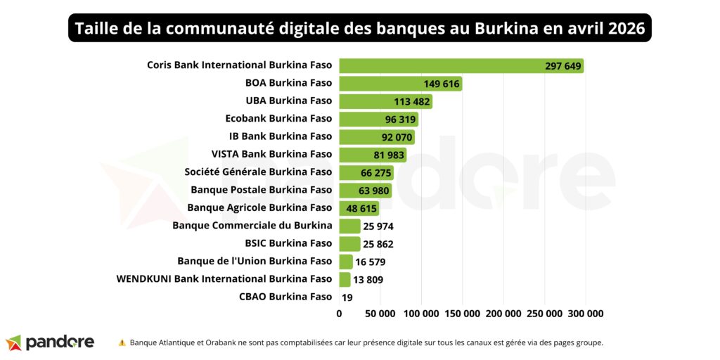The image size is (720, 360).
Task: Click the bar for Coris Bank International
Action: pyautogui.click(x=461, y=66)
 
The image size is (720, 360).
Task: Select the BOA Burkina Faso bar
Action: pyautogui.click(x=400, y=84)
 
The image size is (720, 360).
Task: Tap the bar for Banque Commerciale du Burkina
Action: pyautogui.click(x=349, y=226)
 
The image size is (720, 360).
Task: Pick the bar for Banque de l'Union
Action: pyautogui.click(x=345, y=262)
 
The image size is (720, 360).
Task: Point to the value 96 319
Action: pyautogui.click(x=401, y=120)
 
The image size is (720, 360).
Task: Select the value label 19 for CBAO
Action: pyautogui.click(x=347, y=297)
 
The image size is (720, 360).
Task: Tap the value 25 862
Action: pyautogui.click(x=378, y=244)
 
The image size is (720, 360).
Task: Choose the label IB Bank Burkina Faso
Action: pyautogui.click(x=280, y=136)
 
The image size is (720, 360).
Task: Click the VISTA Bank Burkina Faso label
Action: pyautogui.click(x=271, y=154)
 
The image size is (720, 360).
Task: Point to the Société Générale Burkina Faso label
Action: pyautogui.click(x=258, y=172)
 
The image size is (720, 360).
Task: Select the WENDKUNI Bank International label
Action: pyautogui.click(x=224, y=279)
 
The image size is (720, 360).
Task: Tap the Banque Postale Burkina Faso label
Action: pyautogui.click(x=261, y=190)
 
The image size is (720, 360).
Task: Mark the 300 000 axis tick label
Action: pyautogui.click(x=585, y=314)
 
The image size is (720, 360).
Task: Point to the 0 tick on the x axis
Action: pyautogui.click(x=340, y=314)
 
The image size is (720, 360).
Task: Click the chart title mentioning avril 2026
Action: pyautogui.click(x=359, y=29)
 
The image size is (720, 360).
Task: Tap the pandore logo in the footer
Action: pyautogui.click(x=50, y=342)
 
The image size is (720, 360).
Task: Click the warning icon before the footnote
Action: pyautogui.click(x=122, y=343)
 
